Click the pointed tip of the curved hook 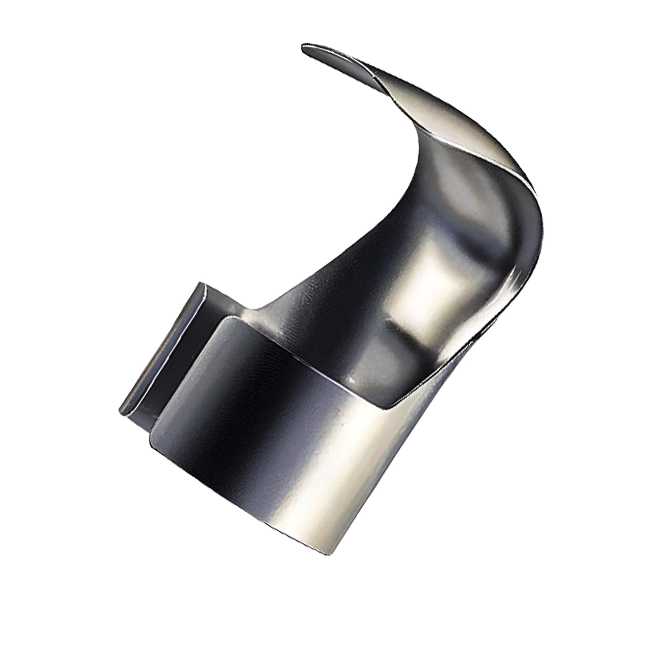tap(304, 46)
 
